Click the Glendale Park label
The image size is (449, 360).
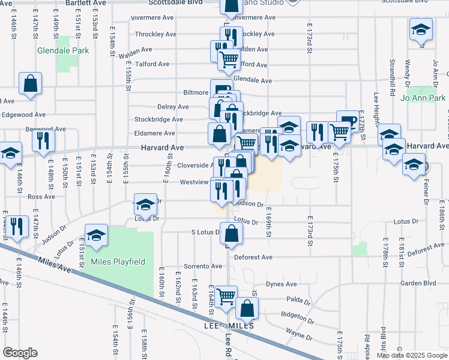click(x=63, y=50)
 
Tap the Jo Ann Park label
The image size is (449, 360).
click(x=423, y=97)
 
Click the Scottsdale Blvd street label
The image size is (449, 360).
click(x=179, y=2)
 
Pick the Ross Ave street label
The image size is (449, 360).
click(x=41, y=196)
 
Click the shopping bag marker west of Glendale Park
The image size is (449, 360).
click(x=30, y=84)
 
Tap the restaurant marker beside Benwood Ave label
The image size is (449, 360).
click(x=43, y=140)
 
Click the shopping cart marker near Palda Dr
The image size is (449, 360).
click(x=226, y=296)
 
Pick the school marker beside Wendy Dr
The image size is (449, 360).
click(x=421, y=29)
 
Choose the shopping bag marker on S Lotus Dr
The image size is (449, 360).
click(x=231, y=233)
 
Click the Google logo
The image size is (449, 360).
click(x=20, y=353)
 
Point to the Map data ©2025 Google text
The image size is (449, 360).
click(x=412, y=355)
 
